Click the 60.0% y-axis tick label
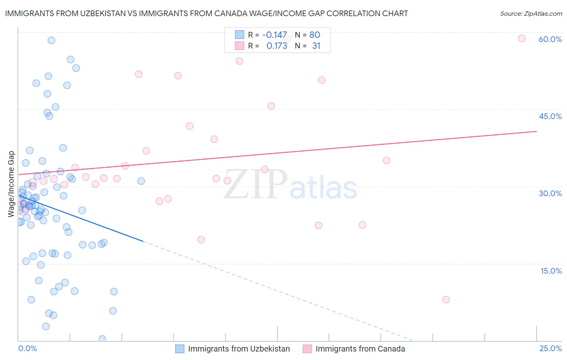pyautogui.click(x=550, y=39)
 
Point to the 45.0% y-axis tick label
pyautogui.click(x=550, y=116)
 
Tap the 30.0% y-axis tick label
pyautogui.click(x=550, y=193)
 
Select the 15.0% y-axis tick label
pyautogui.click(x=551, y=270)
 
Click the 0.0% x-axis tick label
pyautogui.click(x=27, y=348)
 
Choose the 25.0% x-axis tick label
pyautogui.click(x=550, y=348)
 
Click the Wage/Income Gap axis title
pyautogui.click(x=11, y=184)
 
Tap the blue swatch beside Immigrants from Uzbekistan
pyautogui.click(x=179, y=349)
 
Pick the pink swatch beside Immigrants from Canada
pyautogui.click(x=307, y=349)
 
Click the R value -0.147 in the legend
pyautogui.click(x=274, y=35)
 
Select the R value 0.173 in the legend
pyautogui.click(x=277, y=46)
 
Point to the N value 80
pyautogui.click(x=315, y=35)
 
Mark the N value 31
pyautogui.click(x=316, y=46)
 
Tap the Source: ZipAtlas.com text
pyautogui.click(x=531, y=13)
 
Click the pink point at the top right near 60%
pyautogui.click(x=521, y=38)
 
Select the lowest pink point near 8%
pyautogui.click(x=446, y=299)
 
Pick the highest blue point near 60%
pyautogui.click(x=51, y=40)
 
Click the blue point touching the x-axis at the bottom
pyautogui.click(x=102, y=339)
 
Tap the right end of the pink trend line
pyautogui.click(x=536, y=131)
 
